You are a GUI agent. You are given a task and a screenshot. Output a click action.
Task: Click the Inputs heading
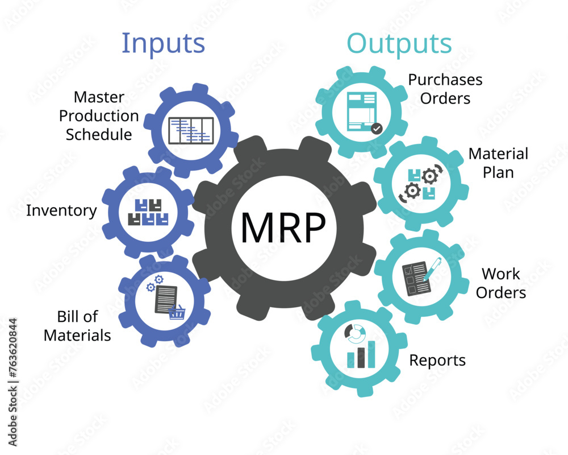(163, 43)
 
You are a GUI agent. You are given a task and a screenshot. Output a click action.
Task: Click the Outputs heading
(399, 43)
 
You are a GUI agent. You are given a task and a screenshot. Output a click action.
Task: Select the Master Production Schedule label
(99, 116)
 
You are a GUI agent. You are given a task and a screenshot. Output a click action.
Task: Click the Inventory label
(61, 210)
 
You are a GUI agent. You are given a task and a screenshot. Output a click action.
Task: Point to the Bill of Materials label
(77, 326)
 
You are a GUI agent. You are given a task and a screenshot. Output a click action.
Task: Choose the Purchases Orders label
(445, 89)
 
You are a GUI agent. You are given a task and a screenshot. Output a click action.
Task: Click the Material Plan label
(498, 163)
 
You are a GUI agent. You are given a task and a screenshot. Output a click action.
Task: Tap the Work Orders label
(500, 283)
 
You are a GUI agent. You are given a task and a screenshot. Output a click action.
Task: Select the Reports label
(437, 360)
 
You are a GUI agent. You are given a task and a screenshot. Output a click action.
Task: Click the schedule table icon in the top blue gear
(191, 131)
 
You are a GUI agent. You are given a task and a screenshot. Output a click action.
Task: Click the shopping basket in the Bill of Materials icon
(177, 311)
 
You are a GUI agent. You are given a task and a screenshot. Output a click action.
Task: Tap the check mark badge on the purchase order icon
(376, 129)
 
